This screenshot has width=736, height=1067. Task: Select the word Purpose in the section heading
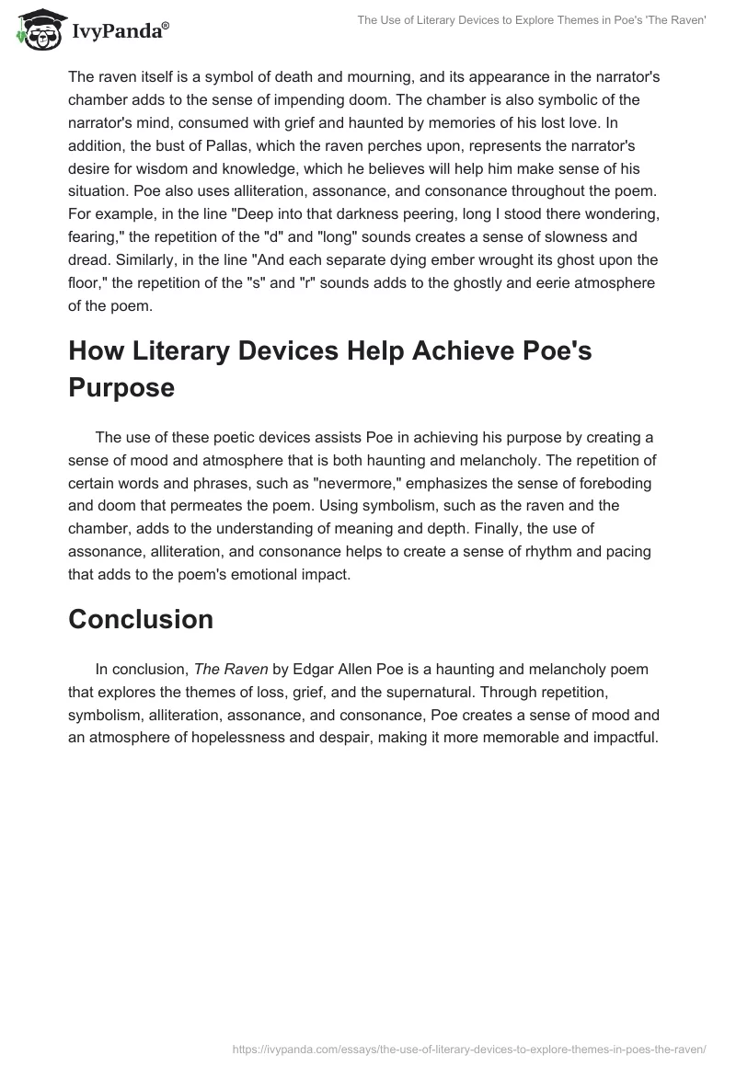click(121, 388)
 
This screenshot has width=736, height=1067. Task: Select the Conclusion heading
click(141, 620)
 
